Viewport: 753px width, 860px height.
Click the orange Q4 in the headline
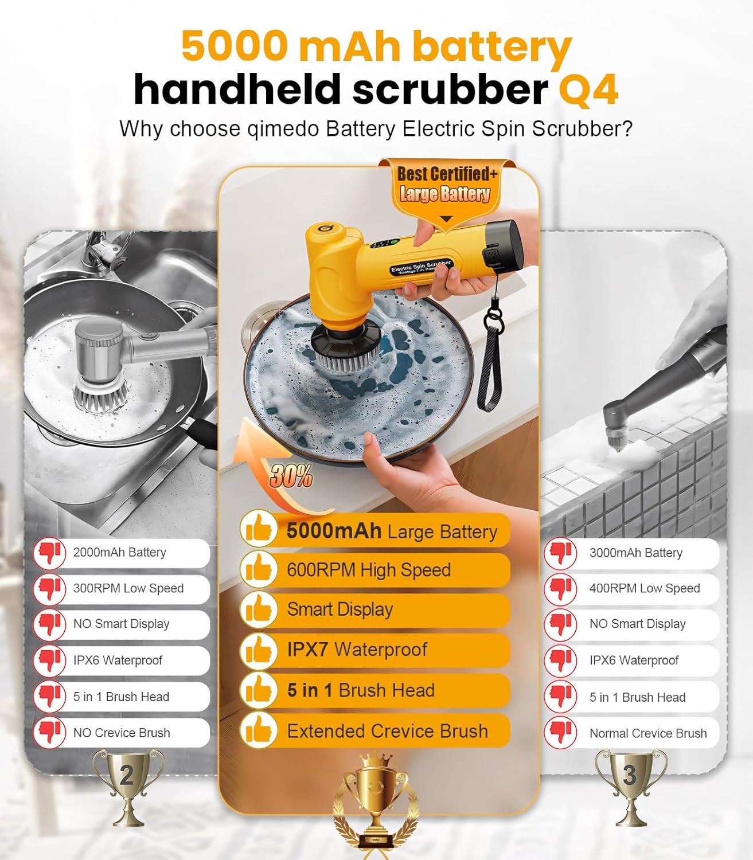point(588,90)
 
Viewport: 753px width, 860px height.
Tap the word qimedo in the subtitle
point(283,128)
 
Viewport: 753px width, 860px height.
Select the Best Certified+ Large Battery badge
point(446,185)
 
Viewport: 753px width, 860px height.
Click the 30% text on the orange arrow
point(291,476)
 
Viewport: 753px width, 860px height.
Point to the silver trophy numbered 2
point(127,785)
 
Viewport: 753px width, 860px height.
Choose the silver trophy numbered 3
point(630,785)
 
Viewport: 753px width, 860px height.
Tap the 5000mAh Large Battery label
point(392,531)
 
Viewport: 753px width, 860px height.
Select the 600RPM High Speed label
point(369,570)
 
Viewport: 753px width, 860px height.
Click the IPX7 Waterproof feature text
point(357,650)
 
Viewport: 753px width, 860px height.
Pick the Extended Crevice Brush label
point(388,731)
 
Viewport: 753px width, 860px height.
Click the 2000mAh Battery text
point(119,553)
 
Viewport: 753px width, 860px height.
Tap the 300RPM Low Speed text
point(128,588)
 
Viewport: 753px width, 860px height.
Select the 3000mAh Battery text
point(635,553)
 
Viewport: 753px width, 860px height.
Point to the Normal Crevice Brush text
point(648,733)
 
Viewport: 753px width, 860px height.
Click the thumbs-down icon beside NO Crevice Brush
point(49,732)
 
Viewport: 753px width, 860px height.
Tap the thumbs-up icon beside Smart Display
point(258,609)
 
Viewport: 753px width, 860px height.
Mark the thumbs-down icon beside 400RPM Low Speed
point(560,588)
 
